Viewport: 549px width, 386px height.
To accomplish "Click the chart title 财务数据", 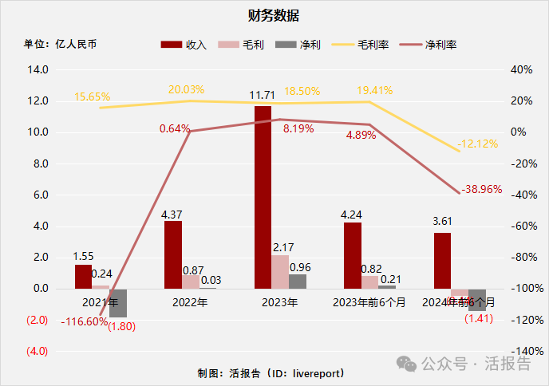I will click(274, 15).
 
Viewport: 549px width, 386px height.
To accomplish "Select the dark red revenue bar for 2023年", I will click(263, 197).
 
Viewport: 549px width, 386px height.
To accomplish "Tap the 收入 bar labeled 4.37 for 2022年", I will click(173, 254).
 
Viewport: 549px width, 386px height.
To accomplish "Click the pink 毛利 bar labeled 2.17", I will click(280, 272).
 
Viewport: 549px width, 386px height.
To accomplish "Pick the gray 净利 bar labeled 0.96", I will click(298, 281).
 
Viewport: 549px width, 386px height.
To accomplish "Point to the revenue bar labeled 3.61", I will click(442, 261).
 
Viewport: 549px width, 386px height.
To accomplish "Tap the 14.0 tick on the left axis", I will click(38, 69).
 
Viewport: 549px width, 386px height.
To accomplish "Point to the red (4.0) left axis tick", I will click(38, 351).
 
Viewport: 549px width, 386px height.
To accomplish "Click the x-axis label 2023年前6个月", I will click(369, 303).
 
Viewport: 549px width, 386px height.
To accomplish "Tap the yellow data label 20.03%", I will click(187, 89).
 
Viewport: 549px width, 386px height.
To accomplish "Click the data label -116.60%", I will click(83, 321).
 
